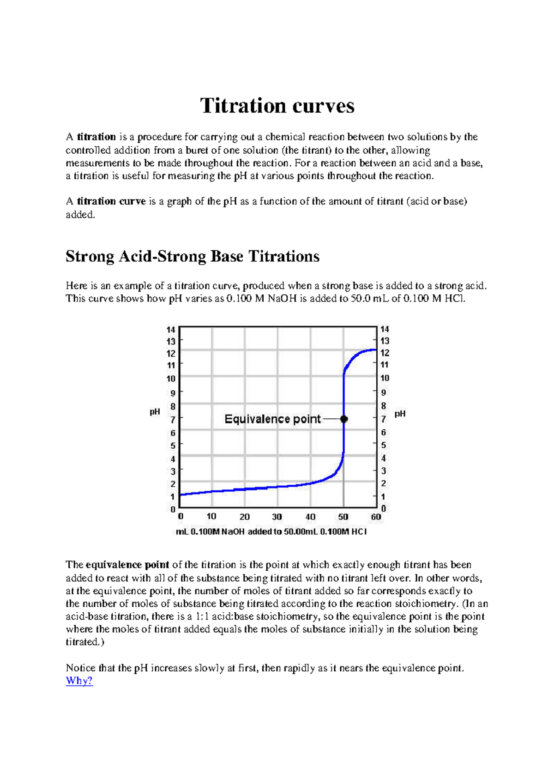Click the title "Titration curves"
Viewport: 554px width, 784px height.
point(277,106)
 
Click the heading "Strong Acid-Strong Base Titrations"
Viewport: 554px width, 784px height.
point(193,256)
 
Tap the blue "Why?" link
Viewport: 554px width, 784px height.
point(79,681)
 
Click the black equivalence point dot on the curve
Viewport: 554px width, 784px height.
point(344,419)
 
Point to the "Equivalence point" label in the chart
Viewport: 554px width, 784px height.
point(272,419)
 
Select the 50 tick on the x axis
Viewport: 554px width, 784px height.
point(343,517)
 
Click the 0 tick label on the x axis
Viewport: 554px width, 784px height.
point(181,516)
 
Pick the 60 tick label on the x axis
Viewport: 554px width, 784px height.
point(376,517)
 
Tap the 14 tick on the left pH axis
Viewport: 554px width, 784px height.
point(171,330)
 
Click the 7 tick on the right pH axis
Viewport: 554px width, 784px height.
point(383,420)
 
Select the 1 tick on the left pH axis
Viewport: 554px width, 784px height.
point(173,497)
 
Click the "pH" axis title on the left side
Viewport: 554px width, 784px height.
point(155,411)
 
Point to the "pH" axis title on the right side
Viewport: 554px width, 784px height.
point(400,414)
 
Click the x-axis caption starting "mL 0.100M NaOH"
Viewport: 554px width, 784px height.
point(271,531)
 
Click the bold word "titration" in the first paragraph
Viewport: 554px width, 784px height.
point(96,137)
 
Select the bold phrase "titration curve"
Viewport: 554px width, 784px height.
point(111,201)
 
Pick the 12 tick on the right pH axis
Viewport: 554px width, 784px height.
point(385,353)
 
